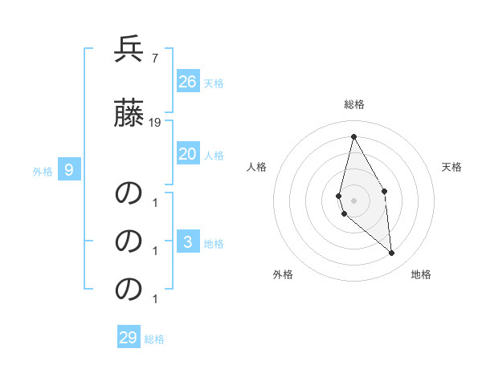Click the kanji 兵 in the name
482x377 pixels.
click(129, 50)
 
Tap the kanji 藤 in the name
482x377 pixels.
click(129, 113)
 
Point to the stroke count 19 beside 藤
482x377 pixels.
click(155, 122)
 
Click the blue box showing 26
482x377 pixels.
click(188, 82)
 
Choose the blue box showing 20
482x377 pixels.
click(188, 154)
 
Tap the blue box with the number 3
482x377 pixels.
click(188, 242)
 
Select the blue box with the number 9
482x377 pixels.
click(69, 170)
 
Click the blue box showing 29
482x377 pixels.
click(129, 338)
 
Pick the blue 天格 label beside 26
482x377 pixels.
click(214, 83)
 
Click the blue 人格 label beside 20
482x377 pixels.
click(214, 155)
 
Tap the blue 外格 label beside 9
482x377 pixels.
click(43, 171)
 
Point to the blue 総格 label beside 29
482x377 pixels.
click(154, 338)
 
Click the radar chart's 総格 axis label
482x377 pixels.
click(354, 104)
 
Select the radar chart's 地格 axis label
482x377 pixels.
click(421, 274)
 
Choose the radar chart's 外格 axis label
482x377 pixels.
click(283, 274)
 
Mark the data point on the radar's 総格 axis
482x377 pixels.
click(353, 136)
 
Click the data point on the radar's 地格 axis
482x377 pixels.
click(392, 253)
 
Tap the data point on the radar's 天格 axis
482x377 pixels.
click(384, 191)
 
